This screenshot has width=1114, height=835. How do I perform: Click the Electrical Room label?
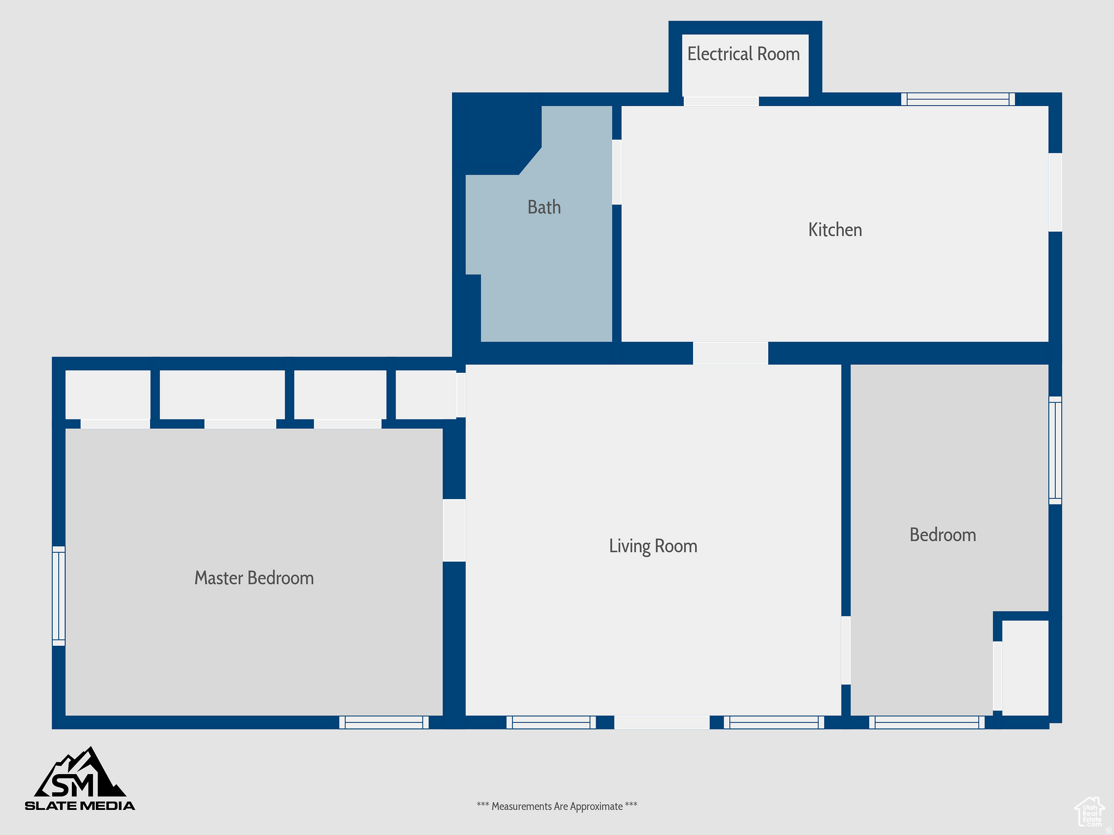(x=744, y=54)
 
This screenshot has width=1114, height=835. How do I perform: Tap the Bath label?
(x=544, y=207)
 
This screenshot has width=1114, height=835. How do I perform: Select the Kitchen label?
(x=835, y=230)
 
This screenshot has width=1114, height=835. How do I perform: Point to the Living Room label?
(x=653, y=546)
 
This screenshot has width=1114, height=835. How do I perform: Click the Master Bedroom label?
(x=254, y=578)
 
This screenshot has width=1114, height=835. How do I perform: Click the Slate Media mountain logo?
(x=80, y=778)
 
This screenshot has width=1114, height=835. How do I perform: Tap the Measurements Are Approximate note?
(x=557, y=806)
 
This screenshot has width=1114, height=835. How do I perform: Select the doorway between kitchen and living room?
(x=731, y=353)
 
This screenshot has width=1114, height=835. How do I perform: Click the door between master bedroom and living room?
(x=454, y=530)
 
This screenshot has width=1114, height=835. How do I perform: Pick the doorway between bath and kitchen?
(x=617, y=172)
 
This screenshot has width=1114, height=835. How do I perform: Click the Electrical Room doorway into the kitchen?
(x=721, y=101)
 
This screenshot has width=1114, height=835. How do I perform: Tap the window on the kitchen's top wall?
(x=958, y=99)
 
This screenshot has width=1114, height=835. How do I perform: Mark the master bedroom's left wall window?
(x=59, y=596)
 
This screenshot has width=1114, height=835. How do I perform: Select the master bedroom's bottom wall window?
(x=384, y=722)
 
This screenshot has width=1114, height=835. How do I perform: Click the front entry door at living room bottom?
(x=662, y=722)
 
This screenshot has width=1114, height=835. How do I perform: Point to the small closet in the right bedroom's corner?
(x=1025, y=668)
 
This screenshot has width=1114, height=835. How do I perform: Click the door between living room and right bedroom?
(x=846, y=650)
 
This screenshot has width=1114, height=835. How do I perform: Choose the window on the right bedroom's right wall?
(x=1055, y=450)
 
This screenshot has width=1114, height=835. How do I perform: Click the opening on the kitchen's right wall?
(x=1055, y=192)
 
